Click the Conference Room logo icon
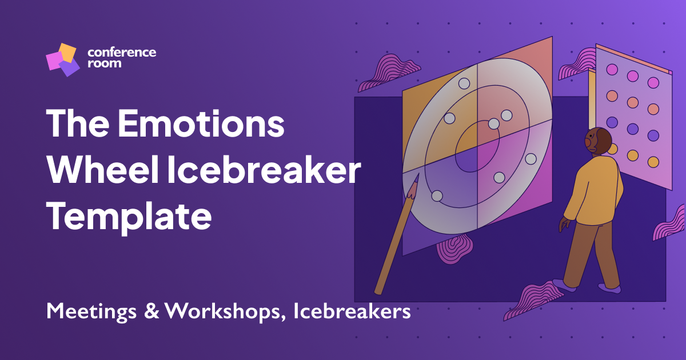click(x=62, y=59)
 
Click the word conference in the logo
click(x=122, y=52)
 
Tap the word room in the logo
click(x=104, y=64)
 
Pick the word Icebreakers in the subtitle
click(x=352, y=312)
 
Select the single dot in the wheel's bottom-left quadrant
click(x=437, y=196)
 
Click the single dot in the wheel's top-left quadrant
click(x=449, y=118)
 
